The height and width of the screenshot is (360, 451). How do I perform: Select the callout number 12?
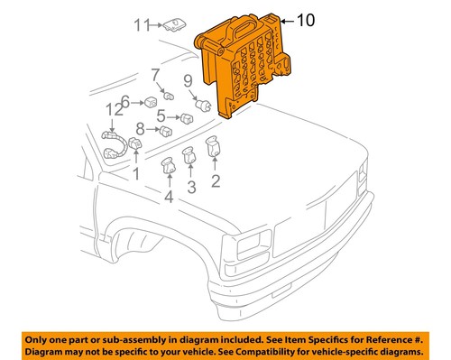click(x=112, y=110)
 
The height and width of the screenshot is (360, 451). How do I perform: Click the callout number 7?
click(x=155, y=74)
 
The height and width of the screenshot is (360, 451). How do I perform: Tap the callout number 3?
click(x=191, y=187)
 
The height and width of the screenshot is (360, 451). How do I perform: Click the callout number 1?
click(x=136, y=171)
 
